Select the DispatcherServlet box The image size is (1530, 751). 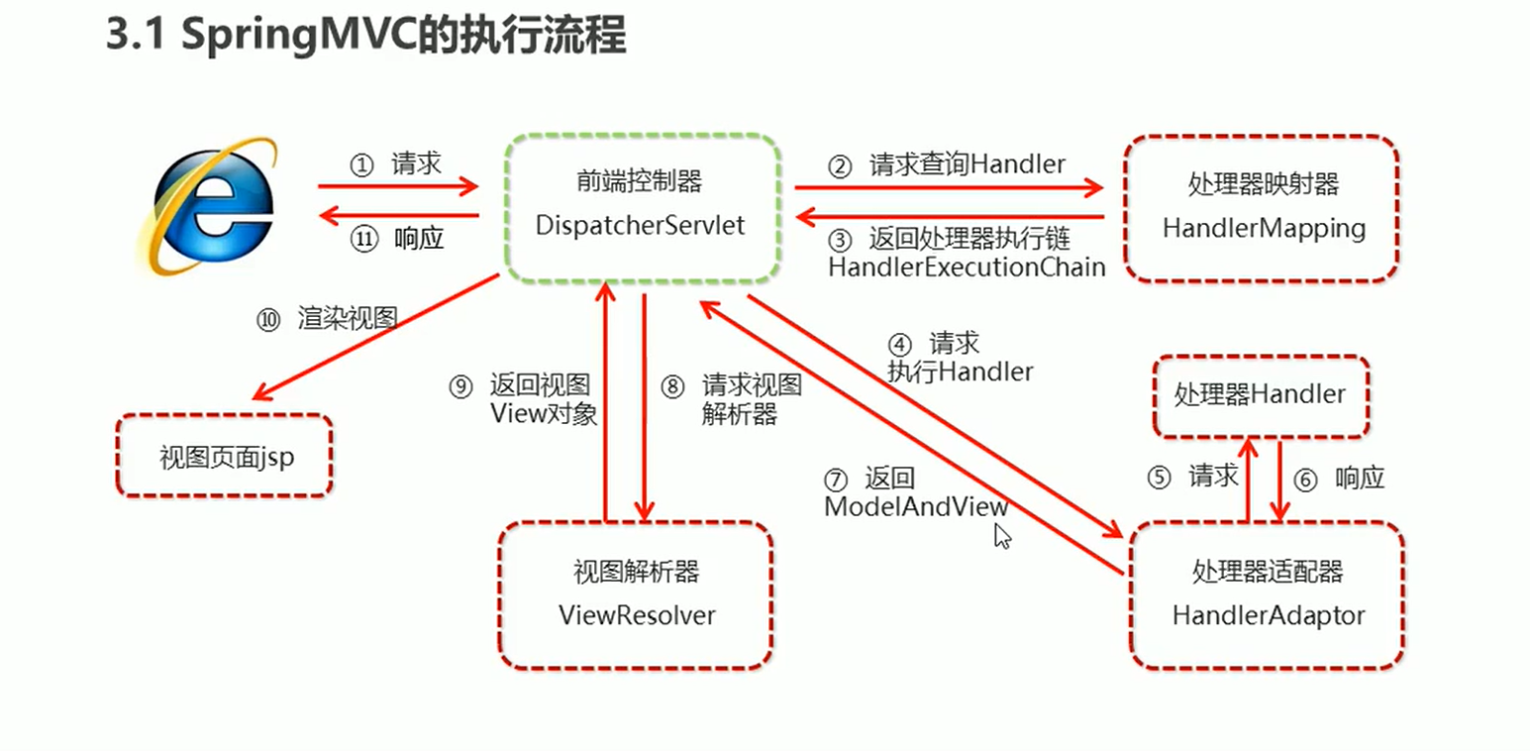pyautogui.click(x=640, y=208)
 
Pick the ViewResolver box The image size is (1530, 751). pyautogui.click(x=636, y=594)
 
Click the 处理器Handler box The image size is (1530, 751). pyautogui.click(x=1260, y=395)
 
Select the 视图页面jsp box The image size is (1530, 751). pyautogui.click(x=225, y=457)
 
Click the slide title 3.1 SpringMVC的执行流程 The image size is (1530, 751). pyautogui.click(x=365, y=37)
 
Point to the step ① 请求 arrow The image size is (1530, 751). pyautogui.click(x=398, y=185)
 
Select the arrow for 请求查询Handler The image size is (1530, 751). pyautogui.click(x=949, y=185)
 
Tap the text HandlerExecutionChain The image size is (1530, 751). pyautogui.click(x=967, y=267)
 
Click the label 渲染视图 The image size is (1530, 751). pyautogui.click(x=347, y=319)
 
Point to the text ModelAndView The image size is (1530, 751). pyautogui.click(x=916, y=506)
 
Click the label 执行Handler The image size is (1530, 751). pyautogui.click(x=960, y=372)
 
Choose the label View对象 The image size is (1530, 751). pyautogui.click(x=544, y=414)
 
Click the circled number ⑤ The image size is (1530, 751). pyautogui.click(x=1160, y=479)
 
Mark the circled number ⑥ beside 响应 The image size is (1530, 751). pyautogui.click(x=1306, y=480)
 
